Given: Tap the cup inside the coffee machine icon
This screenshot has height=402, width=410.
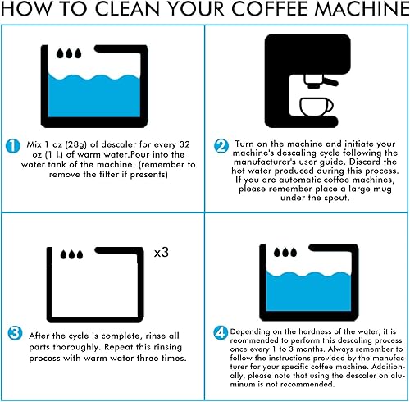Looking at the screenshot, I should click(x=315, y=107).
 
